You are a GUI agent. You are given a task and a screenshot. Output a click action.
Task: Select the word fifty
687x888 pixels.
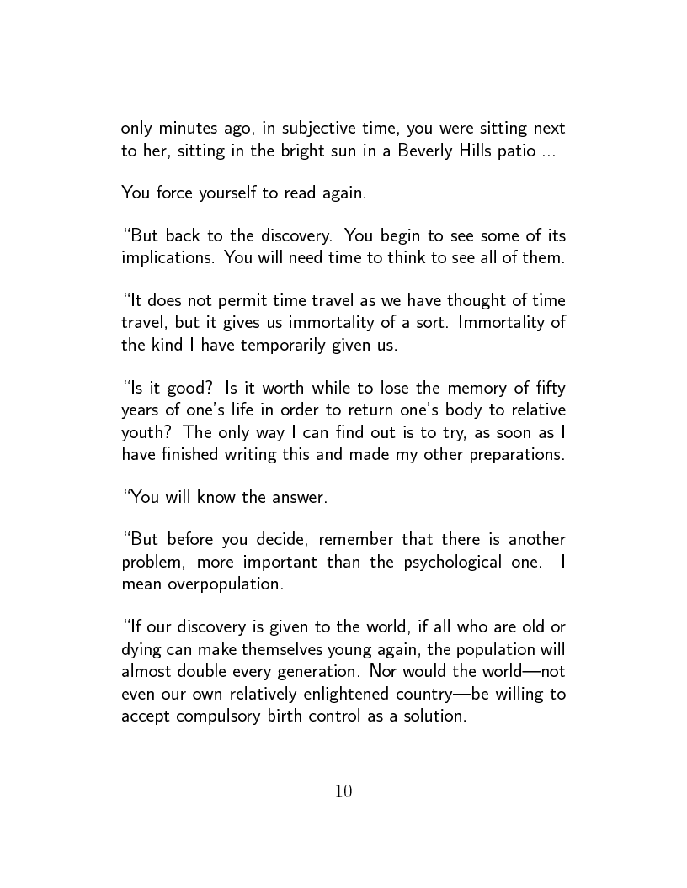click(547, 388)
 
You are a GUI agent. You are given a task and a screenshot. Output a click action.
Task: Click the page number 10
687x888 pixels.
click(343, 791)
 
